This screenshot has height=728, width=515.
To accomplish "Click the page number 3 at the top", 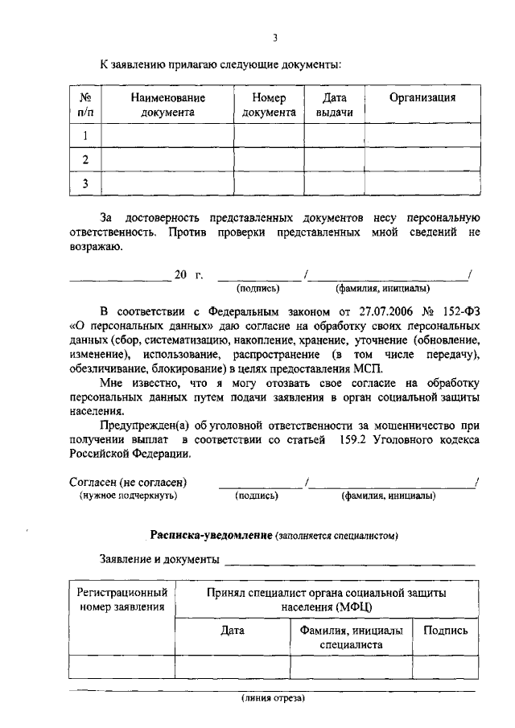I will [274, 37].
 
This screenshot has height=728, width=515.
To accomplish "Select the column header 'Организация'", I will [422, 97].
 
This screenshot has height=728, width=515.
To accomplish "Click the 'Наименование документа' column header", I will [168, 105].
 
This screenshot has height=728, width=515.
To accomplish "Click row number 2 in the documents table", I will [84, 160].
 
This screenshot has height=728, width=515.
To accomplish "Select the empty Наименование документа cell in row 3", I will [168, 184].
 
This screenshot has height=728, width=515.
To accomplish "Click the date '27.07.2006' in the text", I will [378, 311].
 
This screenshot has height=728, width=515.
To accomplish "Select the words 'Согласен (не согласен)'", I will [128, 482].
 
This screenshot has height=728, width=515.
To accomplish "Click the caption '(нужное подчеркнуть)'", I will [128, 496].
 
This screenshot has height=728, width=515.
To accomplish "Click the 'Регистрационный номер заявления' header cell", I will [122, 598].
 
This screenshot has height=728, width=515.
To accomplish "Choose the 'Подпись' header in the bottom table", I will [445, 631].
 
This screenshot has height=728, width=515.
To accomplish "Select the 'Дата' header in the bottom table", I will [233, 631].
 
